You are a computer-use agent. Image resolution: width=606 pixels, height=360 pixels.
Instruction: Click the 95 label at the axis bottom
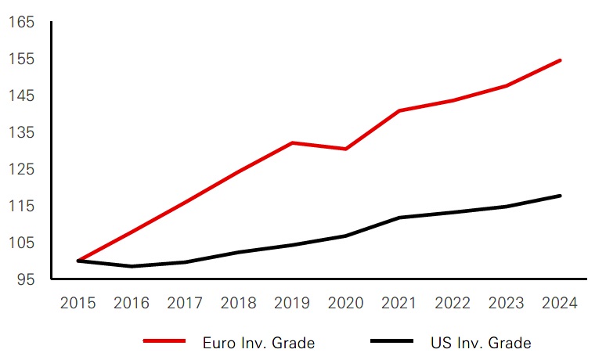(x=27, y=279)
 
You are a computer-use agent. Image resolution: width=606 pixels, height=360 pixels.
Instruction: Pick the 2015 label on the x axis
(x=78, y=303)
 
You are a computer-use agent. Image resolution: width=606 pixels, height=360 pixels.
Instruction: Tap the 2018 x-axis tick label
(x=238, y=303)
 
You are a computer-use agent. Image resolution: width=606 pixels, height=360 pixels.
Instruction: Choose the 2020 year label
(x=345, y=303)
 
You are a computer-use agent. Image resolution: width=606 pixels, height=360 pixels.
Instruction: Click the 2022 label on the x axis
(x=453, y=303)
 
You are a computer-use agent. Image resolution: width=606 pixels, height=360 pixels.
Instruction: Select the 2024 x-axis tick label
(x=560, y=303)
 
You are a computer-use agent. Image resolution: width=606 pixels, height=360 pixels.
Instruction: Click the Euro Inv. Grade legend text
(x=258, y=343)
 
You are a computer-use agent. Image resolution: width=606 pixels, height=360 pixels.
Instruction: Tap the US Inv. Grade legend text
(x=481, y=343)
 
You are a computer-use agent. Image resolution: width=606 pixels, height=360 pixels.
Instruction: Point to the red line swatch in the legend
(x=164, y=342)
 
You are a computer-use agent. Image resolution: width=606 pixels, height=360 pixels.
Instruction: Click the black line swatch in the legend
(x=391, y=342)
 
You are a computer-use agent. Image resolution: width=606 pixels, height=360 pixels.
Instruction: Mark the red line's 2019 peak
(x=292, y=142)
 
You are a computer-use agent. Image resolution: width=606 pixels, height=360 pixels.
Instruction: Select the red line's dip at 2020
(x=345, y=149)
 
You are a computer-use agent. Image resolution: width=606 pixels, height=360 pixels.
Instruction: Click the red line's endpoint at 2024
(x=560, y=60)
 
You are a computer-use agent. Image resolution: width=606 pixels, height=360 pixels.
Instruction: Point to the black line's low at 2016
(x=132, y=266)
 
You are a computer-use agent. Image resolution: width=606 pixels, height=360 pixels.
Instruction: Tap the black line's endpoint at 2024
(x=560, y=196)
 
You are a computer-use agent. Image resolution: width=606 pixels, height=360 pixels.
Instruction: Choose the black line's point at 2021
(x=399, y=218)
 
